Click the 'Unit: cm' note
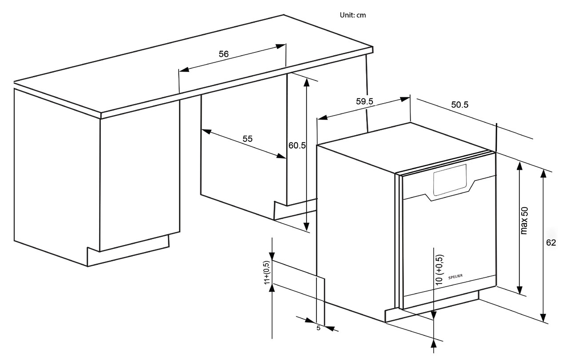click(353, 15)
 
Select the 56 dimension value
click(224, 54)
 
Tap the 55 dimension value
click(248, 139)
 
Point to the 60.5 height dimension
click(297, 145)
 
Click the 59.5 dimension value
click(364, 101)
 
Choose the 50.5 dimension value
click(460, 105)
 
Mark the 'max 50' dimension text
click(524, 220)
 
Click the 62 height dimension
click(551, 243)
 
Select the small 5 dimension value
click(318, 328)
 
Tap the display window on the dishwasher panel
click(449, 180)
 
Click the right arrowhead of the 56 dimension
click(281, 46)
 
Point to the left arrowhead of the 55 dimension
click(206, 131)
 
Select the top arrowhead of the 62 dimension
click(543, 173)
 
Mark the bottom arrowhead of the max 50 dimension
click(519, 290)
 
